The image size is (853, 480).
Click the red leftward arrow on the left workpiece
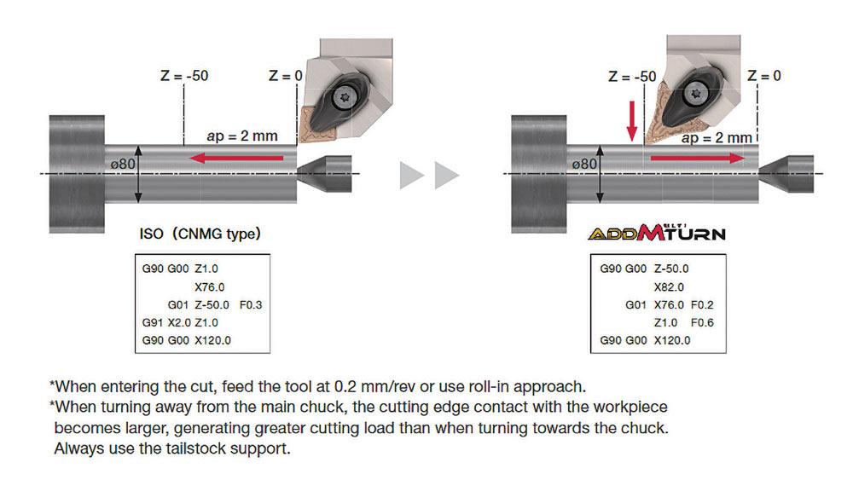236,159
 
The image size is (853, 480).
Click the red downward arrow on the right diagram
631,121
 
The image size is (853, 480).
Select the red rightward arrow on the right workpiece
698,159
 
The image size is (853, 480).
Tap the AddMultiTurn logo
657,233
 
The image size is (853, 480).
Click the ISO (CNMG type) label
200,234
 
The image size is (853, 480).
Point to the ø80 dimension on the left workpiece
123,164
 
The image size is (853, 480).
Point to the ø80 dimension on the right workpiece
584,164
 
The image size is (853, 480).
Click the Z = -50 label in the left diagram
184,76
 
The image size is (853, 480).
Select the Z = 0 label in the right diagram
763,76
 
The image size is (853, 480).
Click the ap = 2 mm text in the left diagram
242,136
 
